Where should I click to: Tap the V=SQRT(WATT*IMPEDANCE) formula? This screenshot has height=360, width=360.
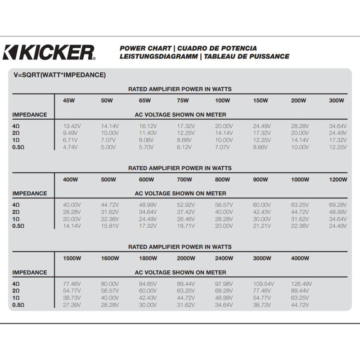tap(60, 75)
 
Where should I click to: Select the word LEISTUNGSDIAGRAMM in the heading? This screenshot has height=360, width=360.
tap(158, 57)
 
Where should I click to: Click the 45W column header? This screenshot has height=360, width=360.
tap(69, 100)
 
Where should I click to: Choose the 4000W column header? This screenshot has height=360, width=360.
tap(300, 258)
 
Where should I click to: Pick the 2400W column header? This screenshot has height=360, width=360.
tap(223, 258)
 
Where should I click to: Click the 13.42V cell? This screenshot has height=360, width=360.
tap(72, 126)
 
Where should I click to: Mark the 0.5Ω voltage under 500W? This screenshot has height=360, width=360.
tap(110, 226)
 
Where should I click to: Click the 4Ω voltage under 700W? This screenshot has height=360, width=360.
tap(187, 205)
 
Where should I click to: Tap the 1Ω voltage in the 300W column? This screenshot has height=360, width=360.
tap(338, 140)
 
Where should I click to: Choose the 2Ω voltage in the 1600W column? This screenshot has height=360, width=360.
tap(110, 291)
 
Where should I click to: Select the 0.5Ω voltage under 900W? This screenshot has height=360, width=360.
tap(262, 226)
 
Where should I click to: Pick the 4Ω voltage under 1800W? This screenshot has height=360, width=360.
tap(148, 284)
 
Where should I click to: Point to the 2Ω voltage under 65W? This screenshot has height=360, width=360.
tap(148, 133)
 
